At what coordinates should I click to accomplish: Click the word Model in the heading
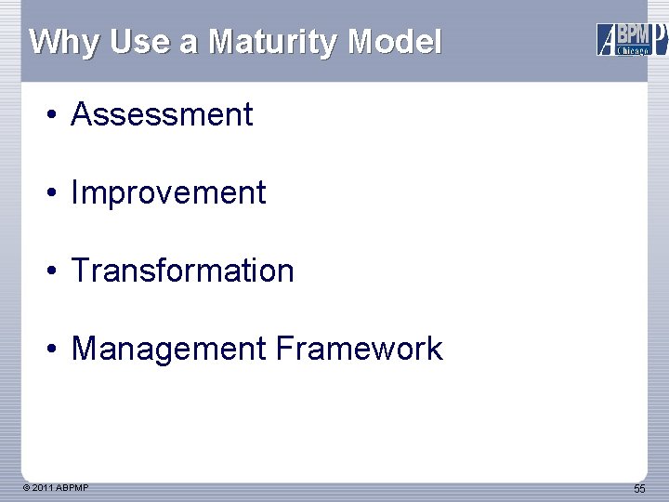click(395, 42)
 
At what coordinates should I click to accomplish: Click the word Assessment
click(162, 114)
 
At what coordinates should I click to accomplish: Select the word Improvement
click(168, 192)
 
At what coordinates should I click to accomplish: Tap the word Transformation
click(182, 271)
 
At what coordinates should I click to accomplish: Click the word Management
click(168, 349)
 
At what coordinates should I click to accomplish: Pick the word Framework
click(359, 349)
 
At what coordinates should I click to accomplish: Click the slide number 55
click(639, 489)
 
